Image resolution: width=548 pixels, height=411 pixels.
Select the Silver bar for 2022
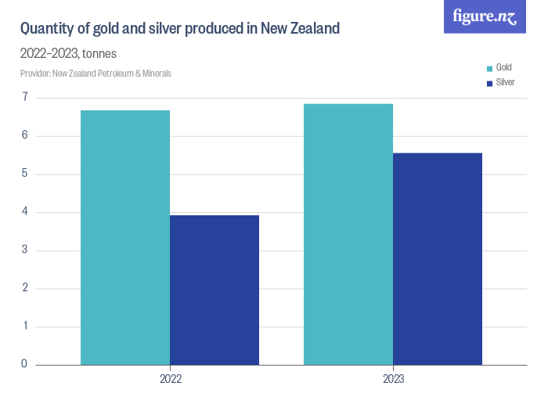215,290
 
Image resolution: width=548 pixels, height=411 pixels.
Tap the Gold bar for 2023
348,234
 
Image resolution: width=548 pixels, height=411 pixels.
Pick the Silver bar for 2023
438,258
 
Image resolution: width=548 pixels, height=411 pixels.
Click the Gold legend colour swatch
489,68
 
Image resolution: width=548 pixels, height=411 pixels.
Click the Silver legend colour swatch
489,83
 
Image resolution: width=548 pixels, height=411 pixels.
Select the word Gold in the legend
504,68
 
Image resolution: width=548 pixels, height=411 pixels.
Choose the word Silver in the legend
506,82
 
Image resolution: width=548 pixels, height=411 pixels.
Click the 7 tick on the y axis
25,98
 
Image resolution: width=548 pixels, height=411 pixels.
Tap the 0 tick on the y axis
25,364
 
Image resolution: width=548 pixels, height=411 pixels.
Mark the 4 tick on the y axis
25,212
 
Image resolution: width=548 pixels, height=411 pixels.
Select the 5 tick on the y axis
25,174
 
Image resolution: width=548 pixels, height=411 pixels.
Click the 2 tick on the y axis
25,288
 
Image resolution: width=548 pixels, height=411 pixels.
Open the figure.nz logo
485,16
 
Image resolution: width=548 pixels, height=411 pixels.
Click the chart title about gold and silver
179,29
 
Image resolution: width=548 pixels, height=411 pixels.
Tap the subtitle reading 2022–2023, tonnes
68,54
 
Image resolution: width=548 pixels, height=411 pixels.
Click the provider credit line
96,74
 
